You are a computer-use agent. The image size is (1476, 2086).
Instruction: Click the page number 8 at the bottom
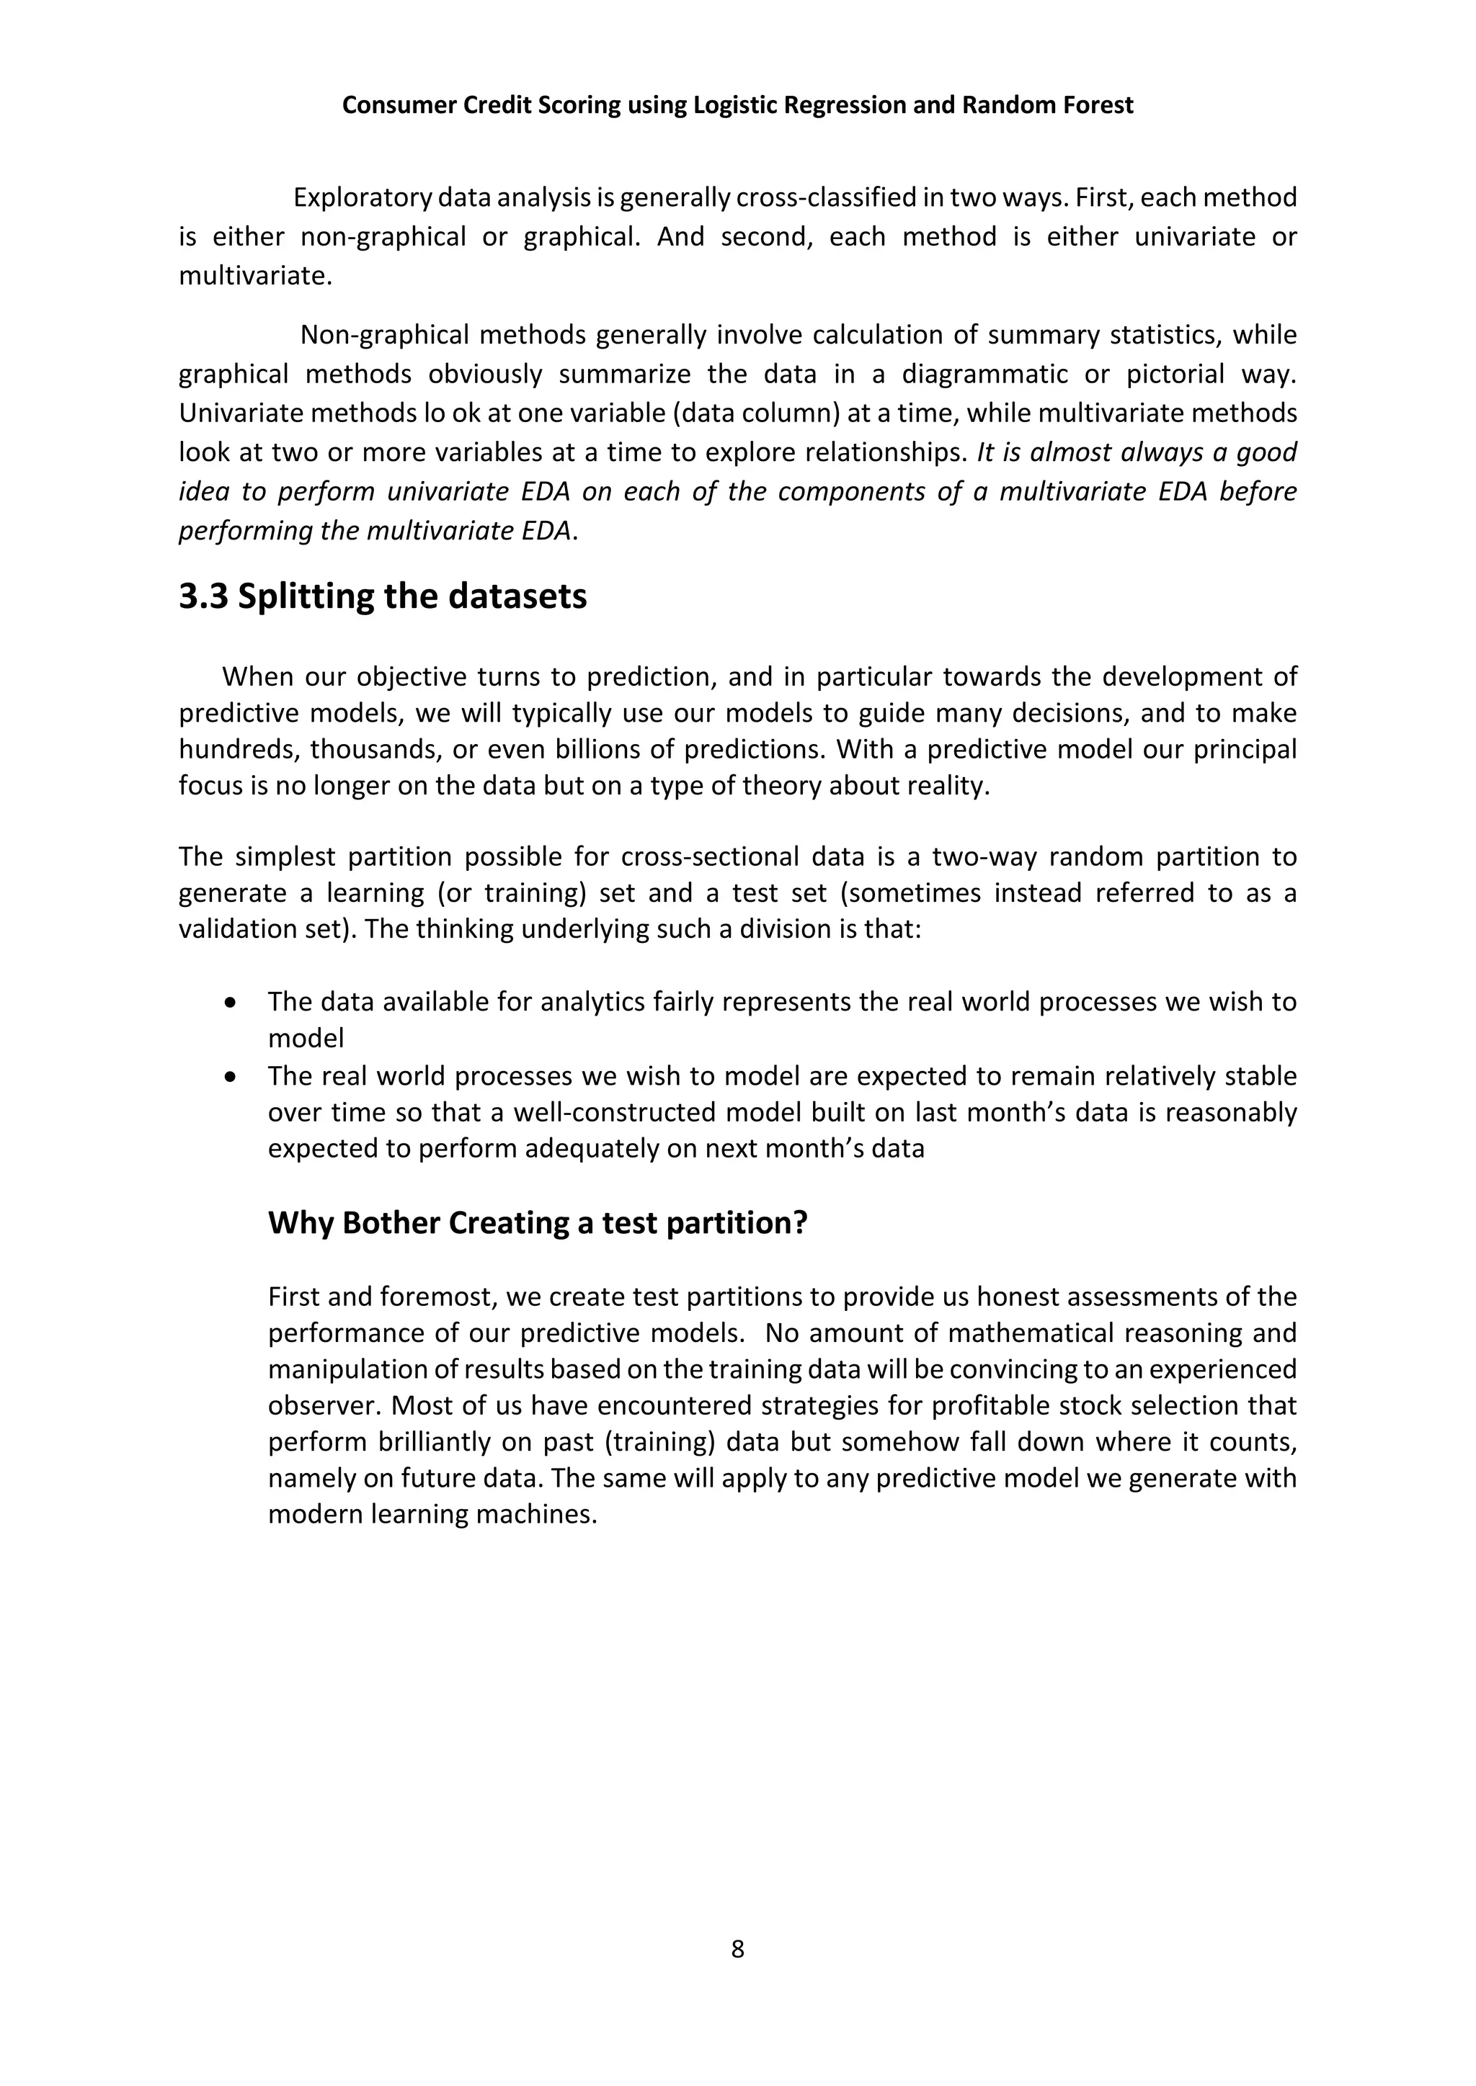tap(737, 1949)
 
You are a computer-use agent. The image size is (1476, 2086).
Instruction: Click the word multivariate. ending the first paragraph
tap(255, 275)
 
